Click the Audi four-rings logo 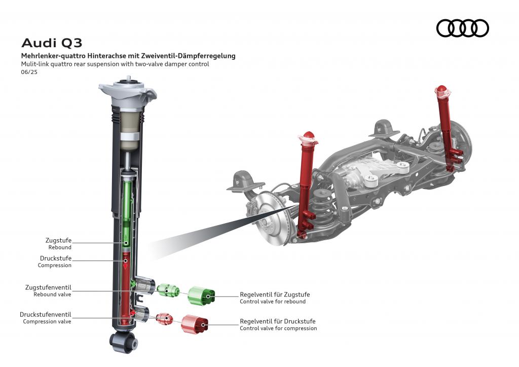pos(462,28)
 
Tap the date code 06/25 pos(29,72)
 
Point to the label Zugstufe pos(58,240)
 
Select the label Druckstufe pos(56,258)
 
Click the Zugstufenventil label pos(48,287)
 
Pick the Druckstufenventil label pos(46,314)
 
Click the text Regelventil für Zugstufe pos(274,295)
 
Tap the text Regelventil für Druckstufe pos(277,321)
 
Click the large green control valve pos(201,296)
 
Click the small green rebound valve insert pos(168,290)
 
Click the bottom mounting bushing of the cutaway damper pos(124,343)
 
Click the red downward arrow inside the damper pos(125,265)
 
